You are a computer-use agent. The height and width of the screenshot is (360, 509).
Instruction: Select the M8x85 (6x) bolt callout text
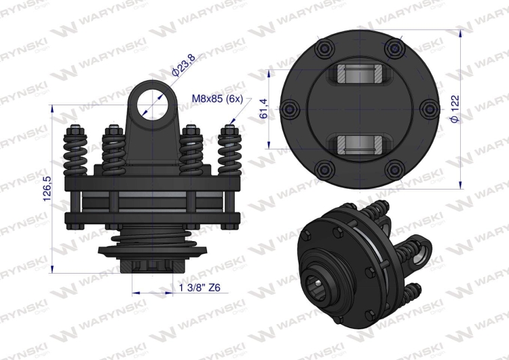[217, 98]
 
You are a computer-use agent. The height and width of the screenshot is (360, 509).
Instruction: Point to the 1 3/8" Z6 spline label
[200, 287]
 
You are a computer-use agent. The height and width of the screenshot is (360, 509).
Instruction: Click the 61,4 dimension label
[263, 109]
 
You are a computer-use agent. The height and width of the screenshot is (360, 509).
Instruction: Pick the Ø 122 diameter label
[455, 109]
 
